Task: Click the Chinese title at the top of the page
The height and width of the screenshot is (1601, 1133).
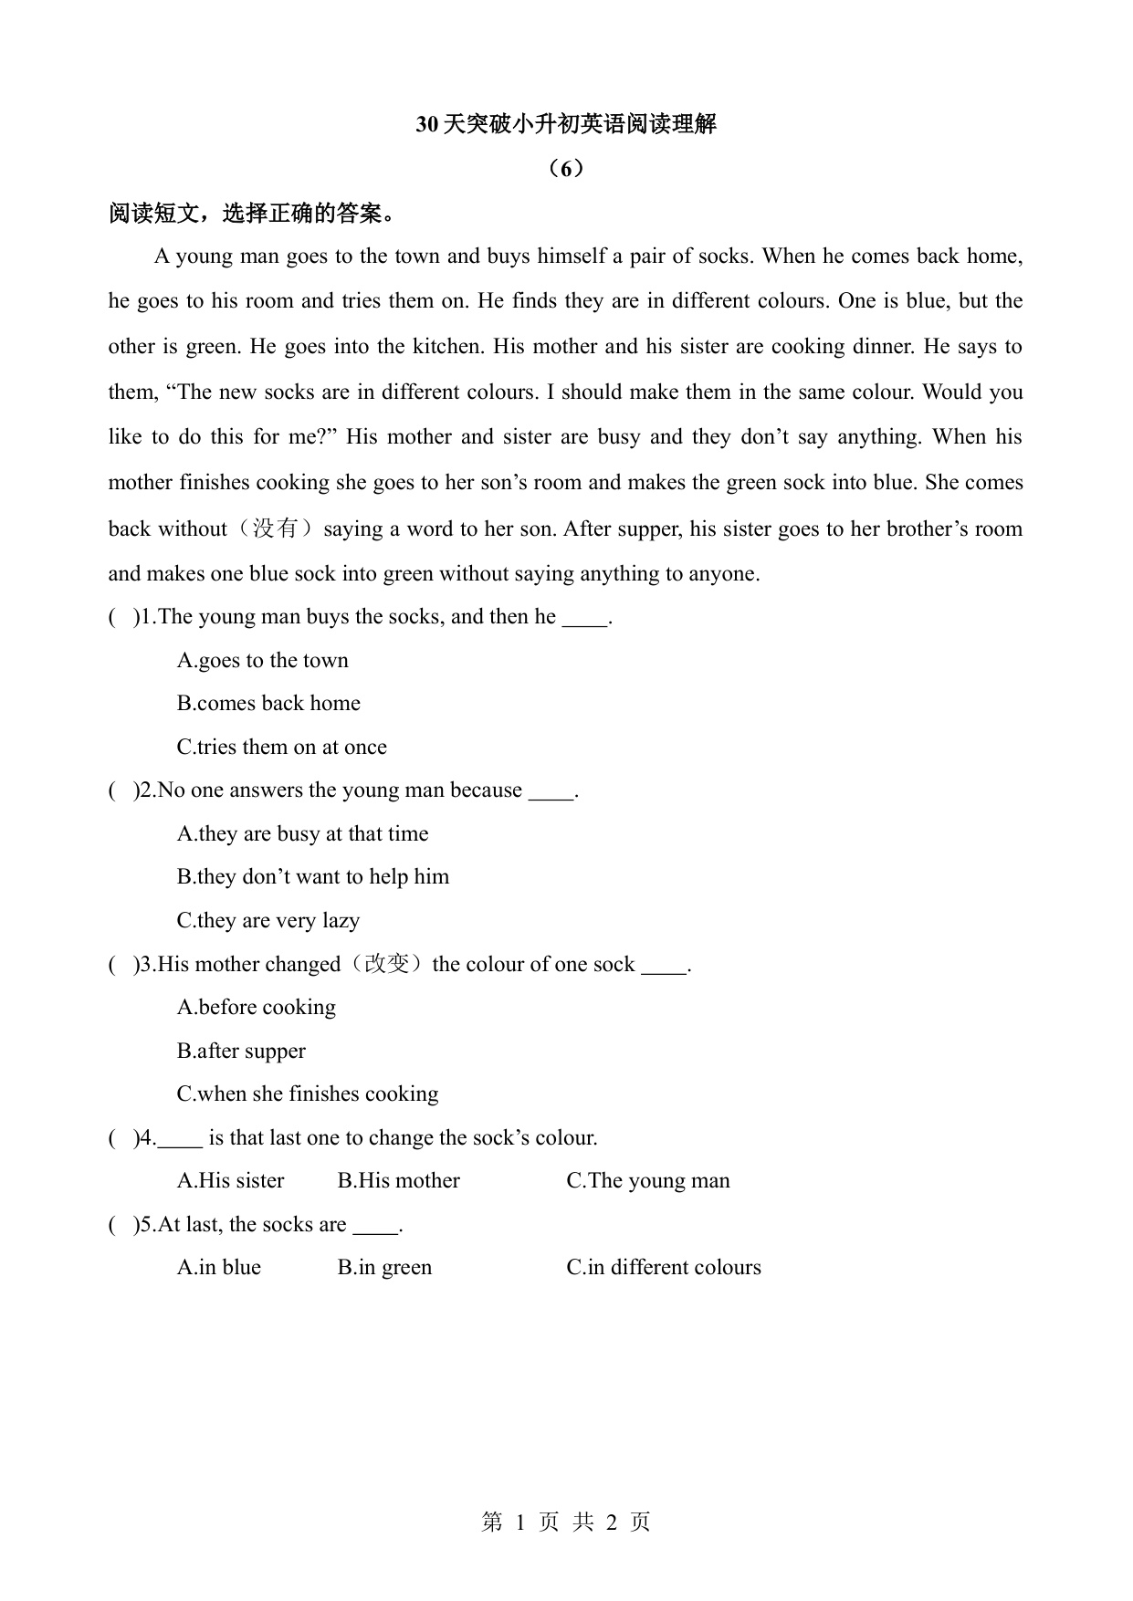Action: (566, 124)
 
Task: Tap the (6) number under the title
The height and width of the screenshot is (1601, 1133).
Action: (566, 169)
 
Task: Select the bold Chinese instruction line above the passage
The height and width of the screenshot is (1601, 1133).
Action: (253, 214)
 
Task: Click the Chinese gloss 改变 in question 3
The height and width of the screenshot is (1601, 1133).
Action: (386, 964)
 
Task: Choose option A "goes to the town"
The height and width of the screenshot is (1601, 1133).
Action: (263, 660)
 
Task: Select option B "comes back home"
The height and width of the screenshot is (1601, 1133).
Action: (268, 703)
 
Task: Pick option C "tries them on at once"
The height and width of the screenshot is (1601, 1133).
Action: (281, 747)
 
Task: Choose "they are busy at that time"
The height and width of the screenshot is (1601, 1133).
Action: (302, 833)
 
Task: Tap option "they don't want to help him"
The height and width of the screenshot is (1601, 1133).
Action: (312, 876)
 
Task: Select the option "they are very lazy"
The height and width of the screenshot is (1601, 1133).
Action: (268, 920)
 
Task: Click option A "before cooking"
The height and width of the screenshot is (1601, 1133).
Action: (256, 1007)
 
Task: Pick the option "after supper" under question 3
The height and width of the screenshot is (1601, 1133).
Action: (241, 1051)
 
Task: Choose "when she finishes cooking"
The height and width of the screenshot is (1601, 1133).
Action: (307, 1093)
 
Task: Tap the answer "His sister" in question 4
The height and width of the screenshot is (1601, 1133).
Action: (230, 1180)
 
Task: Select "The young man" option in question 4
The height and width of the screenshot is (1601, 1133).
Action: (647, 1180)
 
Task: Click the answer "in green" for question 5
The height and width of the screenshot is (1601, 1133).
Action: (384, 1267)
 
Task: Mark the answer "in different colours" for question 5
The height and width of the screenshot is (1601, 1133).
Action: (663, 1267)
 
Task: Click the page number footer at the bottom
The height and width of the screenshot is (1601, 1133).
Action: (566, 1522)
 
